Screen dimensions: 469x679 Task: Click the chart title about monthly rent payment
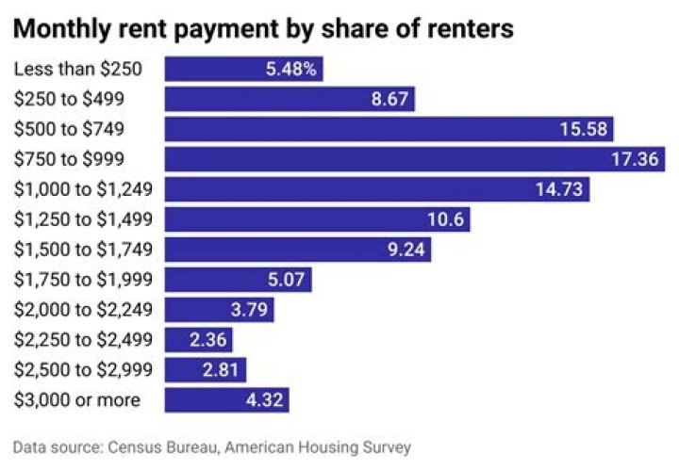click(264, 28)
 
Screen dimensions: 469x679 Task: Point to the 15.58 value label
click(585, 129)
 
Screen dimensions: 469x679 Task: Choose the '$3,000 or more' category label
click(77, 400)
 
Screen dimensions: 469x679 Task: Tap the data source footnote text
click(212, 447)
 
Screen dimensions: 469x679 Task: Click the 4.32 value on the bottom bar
click(263, 400)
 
